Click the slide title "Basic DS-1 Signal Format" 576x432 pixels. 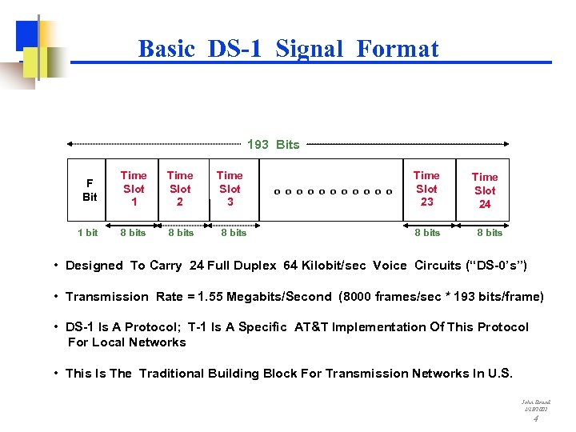click(288, 49)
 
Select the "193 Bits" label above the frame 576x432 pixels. click(273, 145)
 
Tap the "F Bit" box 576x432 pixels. click(90, 190)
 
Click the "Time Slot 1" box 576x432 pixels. click(134, 189)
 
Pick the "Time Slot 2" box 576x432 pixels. click(180, 189)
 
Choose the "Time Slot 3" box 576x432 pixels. click(230, 189)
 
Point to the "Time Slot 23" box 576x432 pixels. click(426, 189)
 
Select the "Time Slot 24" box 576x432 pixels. click(485, 190)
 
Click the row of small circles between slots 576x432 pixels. click(333, 191)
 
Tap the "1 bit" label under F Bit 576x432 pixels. click(88, 233)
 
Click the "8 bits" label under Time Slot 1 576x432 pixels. click(133, 233)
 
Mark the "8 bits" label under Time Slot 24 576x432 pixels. click(490, 233)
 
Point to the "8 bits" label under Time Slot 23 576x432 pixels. click(427, 233)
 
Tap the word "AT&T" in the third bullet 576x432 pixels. click(314, 327)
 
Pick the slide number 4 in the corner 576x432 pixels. click(535, 418)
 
